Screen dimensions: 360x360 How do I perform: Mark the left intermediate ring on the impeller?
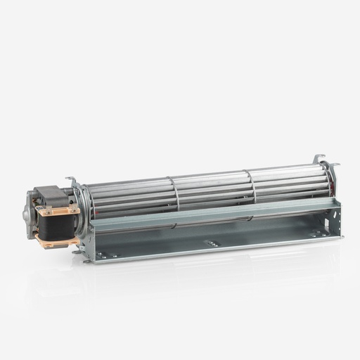point(174,193)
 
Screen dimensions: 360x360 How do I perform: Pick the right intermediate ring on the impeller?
point(252,186)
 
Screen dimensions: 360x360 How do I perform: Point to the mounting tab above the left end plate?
point(70,180)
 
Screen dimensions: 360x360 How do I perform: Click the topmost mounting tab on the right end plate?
point(320,158)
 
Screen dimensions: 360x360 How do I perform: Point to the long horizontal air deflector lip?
point(211,212)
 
